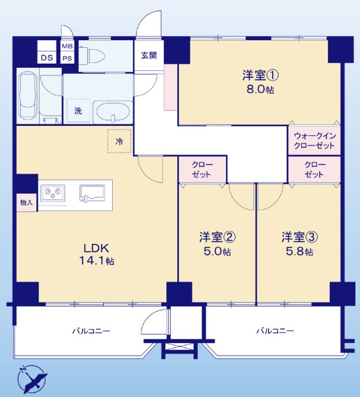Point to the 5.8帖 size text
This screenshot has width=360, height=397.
[300, 251]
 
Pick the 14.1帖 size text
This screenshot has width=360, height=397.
[97, 262]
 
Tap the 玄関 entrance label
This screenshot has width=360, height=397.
[150, 56]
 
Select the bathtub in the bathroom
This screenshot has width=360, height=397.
[28, 97]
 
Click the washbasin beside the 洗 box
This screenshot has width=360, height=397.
[112, 110]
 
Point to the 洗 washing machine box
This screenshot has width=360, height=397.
[78, 111]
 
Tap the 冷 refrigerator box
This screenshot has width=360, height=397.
[119, 141]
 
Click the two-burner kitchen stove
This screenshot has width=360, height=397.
[53, 192]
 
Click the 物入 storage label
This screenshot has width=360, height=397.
[26, 203]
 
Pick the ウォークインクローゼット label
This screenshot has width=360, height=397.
[314, 140]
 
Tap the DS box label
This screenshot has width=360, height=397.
[45, 58]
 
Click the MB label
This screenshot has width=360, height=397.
[67, 46]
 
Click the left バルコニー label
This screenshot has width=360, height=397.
[91, 331]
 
